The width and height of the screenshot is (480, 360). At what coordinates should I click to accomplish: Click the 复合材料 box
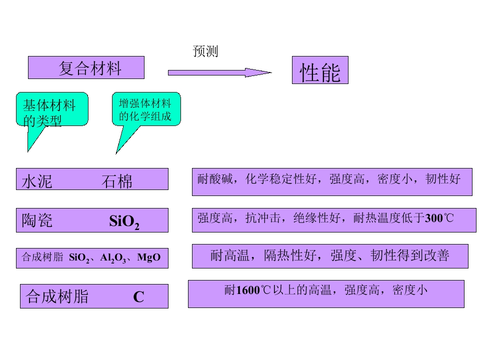86,67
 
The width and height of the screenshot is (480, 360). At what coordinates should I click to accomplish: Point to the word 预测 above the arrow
205,51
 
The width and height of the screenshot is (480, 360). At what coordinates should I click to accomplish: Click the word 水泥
37,181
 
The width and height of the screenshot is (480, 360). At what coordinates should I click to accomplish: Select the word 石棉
117,181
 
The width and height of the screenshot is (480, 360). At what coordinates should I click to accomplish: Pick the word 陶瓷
37,220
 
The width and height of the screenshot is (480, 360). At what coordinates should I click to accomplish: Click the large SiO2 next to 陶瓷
124,221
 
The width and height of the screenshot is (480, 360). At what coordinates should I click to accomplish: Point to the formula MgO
148,257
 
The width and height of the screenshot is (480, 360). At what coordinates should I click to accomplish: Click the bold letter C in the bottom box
138,297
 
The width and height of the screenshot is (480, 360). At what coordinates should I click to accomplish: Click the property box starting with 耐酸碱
332,181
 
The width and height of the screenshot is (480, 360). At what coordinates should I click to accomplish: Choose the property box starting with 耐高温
330,256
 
